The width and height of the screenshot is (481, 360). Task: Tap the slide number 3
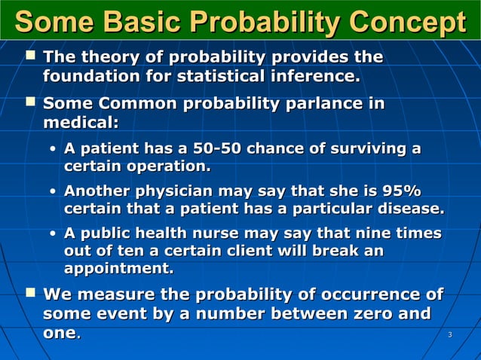pos(449,334)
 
